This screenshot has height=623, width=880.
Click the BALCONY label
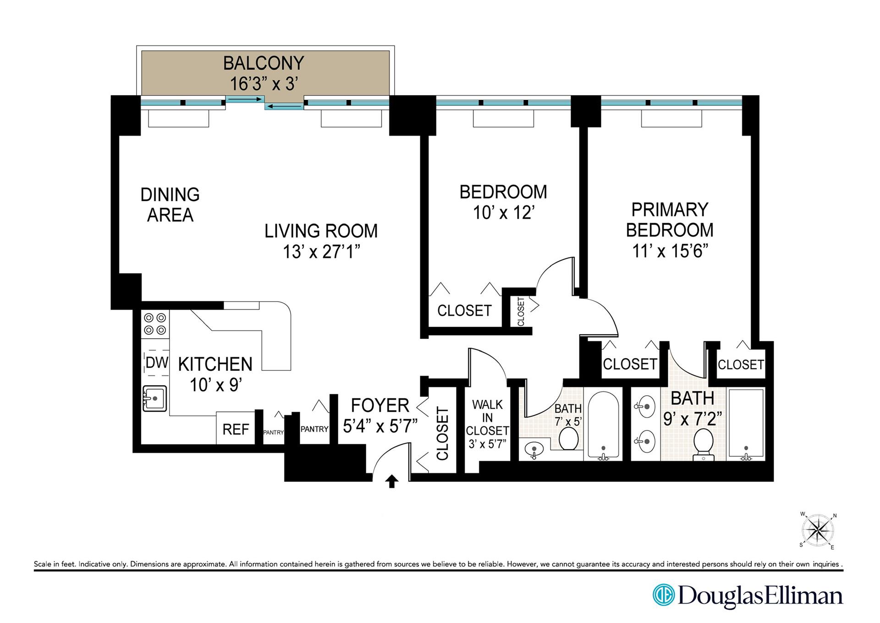coord(264,63)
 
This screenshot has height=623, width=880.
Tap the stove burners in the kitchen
coord(155,324)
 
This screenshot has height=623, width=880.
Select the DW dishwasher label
coord(157,363)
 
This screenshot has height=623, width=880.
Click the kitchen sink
coord(155,398)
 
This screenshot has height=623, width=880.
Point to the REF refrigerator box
coord(236,429)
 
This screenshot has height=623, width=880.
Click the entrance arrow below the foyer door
coord(392,481)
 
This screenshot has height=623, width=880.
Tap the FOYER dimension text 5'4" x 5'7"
coord(380,426)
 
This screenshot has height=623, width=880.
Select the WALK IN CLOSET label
coord(487,418)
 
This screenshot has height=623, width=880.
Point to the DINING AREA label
coord(170,205)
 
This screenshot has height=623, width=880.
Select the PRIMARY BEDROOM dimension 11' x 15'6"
coord(670,251)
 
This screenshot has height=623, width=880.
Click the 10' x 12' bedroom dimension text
coord(504,213)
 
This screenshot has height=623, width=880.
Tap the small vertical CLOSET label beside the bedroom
coord(521,312)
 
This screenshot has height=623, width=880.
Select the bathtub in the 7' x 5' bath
coord(603,425)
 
